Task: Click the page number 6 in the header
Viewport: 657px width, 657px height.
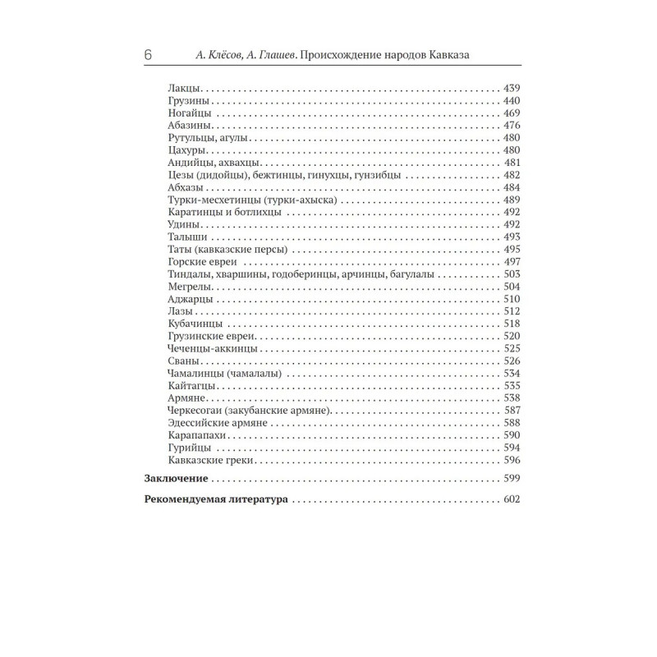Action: pos(147,55)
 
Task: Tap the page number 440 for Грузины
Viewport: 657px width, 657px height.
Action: pos(512,100)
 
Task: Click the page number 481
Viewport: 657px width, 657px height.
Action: pos(512,163)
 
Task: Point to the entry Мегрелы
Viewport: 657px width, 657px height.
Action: pos(188,287)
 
